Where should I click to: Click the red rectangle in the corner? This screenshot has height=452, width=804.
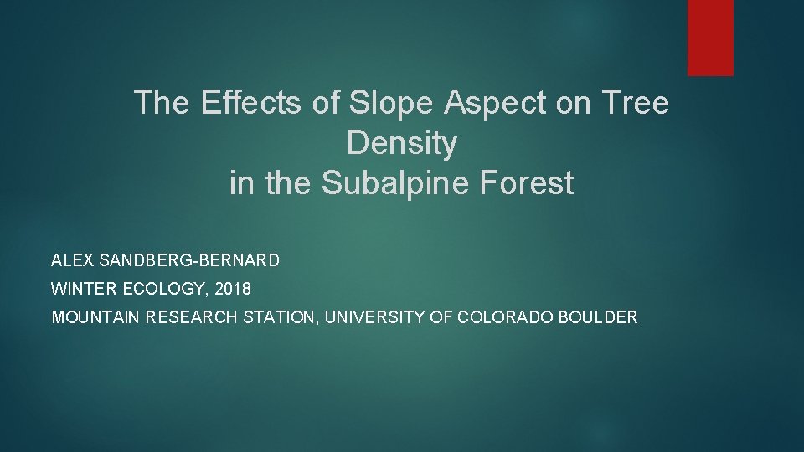coord(710,38)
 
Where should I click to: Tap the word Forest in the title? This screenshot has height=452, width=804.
coord(527,182)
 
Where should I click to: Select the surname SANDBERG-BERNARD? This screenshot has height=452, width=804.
coord(189,260)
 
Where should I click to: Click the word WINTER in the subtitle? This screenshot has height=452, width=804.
coord(84,289)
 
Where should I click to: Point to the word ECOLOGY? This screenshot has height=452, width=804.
coord(166,289)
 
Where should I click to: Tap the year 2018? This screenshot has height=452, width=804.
coord(233,289)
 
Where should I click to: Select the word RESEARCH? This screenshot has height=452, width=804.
coord(191,316)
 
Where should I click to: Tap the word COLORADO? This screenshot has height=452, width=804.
coord(504,316)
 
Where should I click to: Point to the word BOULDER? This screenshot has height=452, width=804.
coord(598,316)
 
